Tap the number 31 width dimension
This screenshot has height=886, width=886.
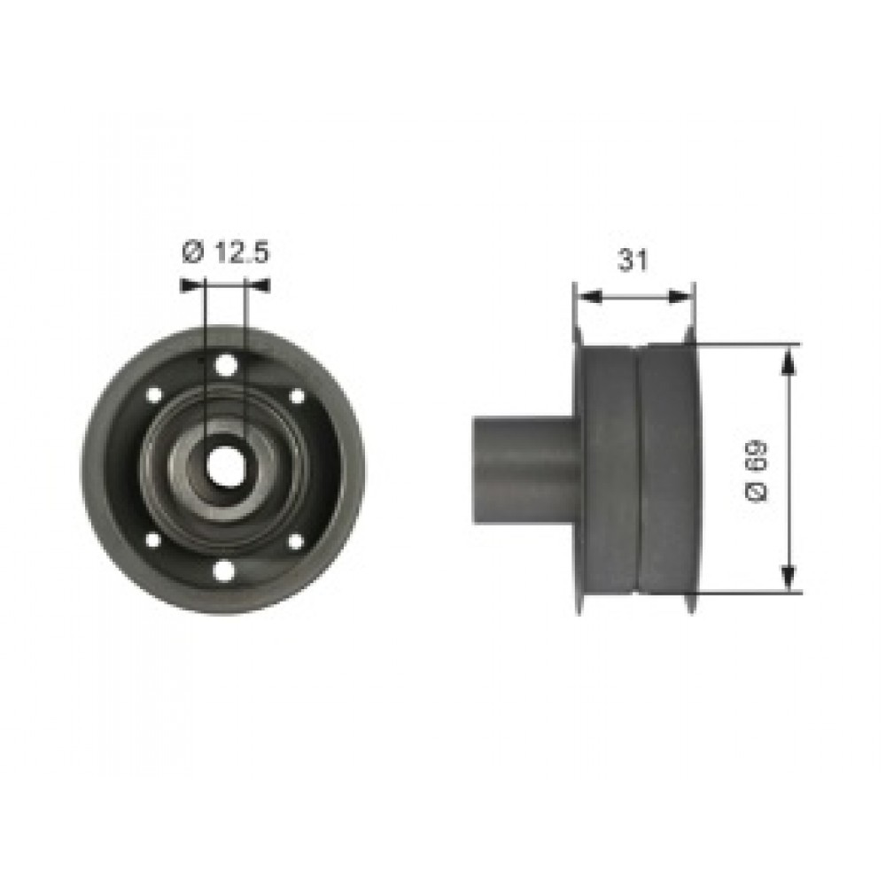631,260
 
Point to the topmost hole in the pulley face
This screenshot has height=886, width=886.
226,364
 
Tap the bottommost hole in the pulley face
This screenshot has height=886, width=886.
225,571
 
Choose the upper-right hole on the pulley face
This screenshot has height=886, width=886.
296,395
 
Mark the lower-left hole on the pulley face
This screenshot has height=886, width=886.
152,540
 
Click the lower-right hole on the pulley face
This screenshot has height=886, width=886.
296,540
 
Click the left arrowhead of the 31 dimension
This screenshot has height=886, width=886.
582,298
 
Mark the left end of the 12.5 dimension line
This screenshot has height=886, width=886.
183,284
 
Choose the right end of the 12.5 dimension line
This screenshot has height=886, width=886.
265,284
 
